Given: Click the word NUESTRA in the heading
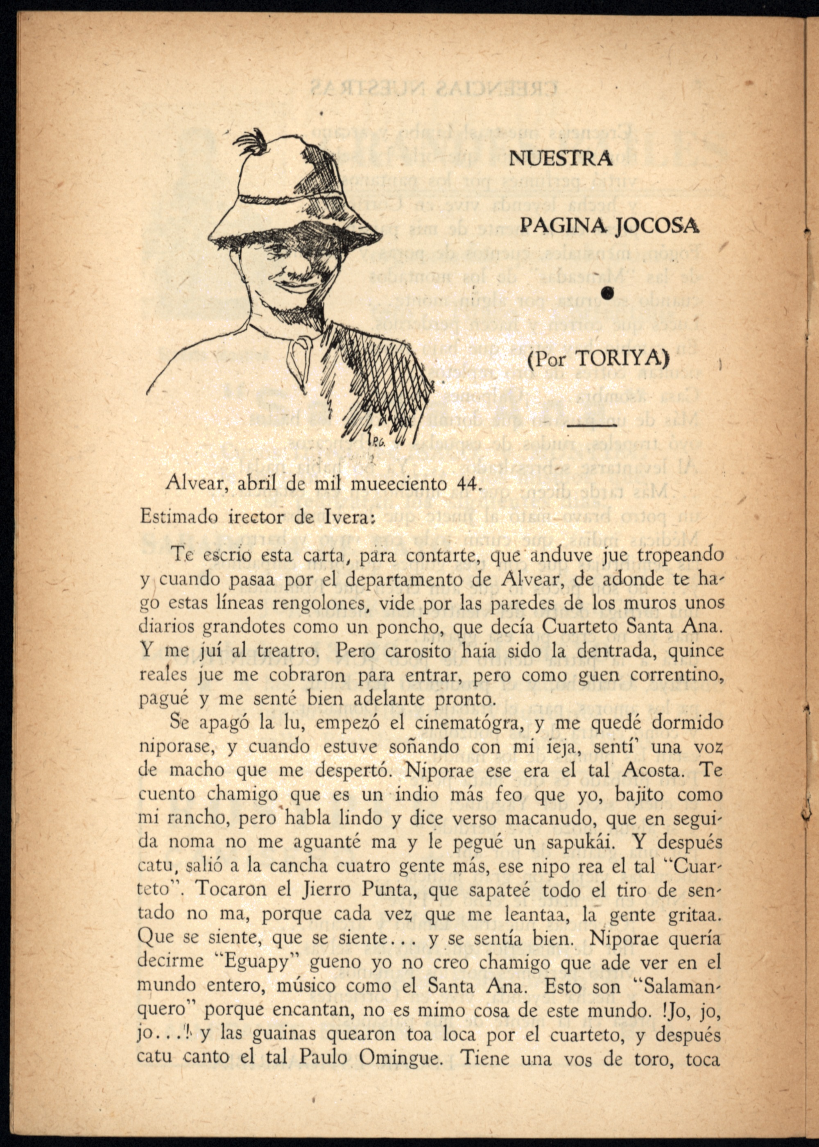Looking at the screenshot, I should (560, 159).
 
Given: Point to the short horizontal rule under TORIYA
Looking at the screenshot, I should (592, 427).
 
